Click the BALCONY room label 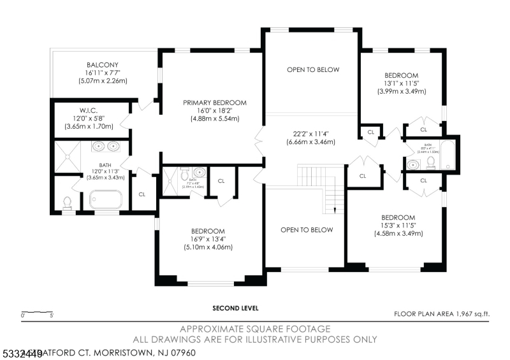pos(103,64)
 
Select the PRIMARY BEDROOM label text pos(214,103)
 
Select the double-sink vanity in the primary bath pos(106,147)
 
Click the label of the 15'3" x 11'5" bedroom pos(398,217)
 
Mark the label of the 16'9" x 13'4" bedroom pos(208,231)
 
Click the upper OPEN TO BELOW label pos(313,69)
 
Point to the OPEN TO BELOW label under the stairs pos(307,229)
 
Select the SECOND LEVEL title pos(236,308)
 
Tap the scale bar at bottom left pos(38,312)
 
